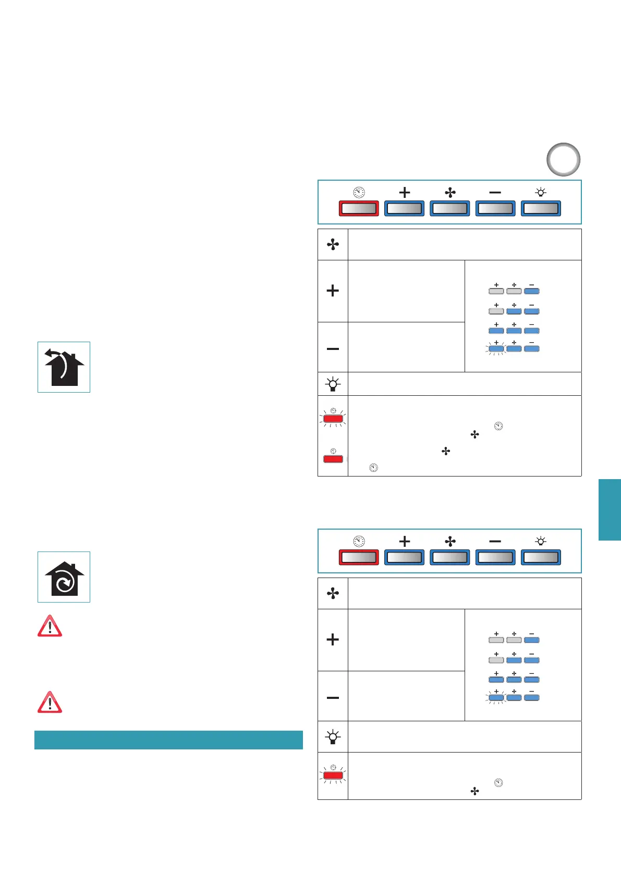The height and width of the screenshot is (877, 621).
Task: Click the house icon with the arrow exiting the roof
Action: coord(64,367)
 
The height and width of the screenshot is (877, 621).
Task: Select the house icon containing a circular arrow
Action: coord(64,577)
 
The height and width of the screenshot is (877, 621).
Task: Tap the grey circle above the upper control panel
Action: coord(564,159)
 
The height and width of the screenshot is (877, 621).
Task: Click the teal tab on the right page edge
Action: coord(610,510)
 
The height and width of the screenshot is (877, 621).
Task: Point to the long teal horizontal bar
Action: coord(168,740)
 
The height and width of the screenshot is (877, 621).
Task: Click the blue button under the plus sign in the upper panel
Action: coord(404,208)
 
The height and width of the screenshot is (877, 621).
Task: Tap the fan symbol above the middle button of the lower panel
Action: coord(450,542)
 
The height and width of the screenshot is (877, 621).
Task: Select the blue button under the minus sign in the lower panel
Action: coord(495,557)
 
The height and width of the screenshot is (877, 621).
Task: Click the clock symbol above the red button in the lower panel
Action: coord(359,542)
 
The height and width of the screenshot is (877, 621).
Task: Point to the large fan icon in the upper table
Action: coord(333,245)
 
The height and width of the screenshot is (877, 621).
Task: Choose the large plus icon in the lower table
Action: coord(333,640)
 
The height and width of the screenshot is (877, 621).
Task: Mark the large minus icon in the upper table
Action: coord(333,348)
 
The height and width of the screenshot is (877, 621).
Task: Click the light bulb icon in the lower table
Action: coord(333,737)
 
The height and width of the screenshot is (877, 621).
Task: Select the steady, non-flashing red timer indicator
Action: coord(333,459)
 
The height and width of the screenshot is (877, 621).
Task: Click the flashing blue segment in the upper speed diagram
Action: coord(496,348)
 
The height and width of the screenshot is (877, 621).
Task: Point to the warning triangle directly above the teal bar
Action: coord(50,702)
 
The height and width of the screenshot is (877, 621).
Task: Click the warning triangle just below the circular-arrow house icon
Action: coord(50,626)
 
